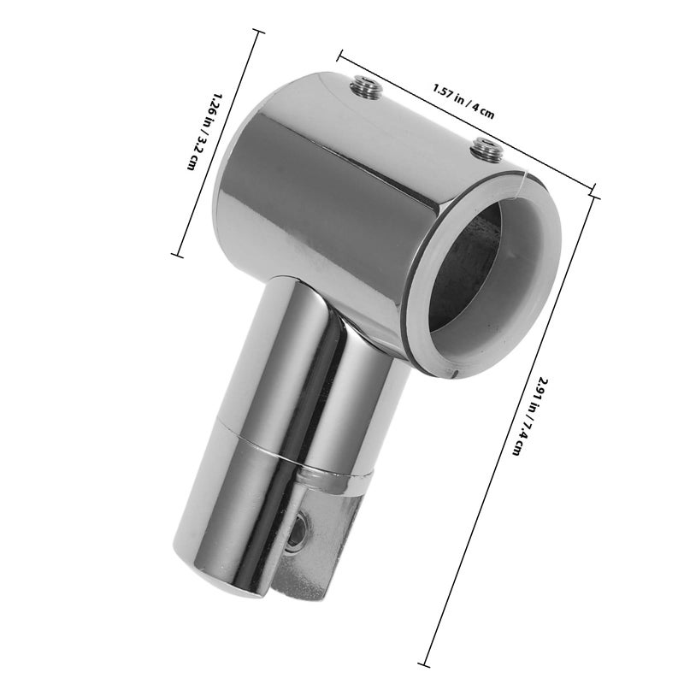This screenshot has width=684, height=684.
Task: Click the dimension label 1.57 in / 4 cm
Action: [463, 101]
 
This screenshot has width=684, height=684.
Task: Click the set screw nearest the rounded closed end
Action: [366, 87]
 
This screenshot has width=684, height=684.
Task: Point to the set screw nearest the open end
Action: [487, 150]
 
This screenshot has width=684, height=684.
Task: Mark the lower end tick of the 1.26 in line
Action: [177, 254]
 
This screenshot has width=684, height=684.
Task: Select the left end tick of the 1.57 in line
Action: [339, 56]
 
